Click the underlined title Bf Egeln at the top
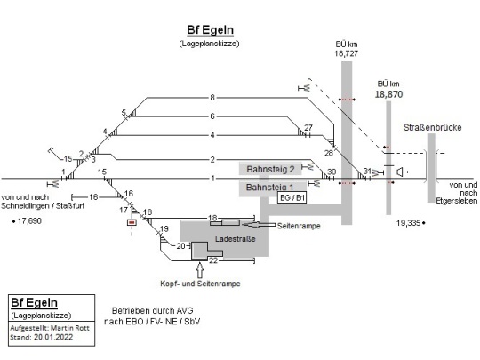click(x=211, y=30)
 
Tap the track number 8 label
click(x=212, y=98)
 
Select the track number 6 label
click(x=212, y=116)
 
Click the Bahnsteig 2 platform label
click(x=270, y=169)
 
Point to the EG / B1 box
click(x=292, y=197)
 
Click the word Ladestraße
click(x=235, y=239)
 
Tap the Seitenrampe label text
click(x=299, y=226)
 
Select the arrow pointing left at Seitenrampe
click(x=259, y=225)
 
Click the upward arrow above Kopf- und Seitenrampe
click(x=200, y=270)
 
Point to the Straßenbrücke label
click(x=432, y=127)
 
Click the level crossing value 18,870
click(x=388, y=94)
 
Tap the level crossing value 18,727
click(x=346, y=53)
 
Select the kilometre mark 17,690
click(x=29, y=220)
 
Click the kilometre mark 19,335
click(x=408, y=223)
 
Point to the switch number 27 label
click(x=308, y=127)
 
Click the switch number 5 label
click(x=124, y=113)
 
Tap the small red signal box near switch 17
click(x=132, y=222)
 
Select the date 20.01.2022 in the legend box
click(x=53, y=338)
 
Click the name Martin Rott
click(x=70, y=328)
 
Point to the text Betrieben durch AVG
click(x=153, y=311)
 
